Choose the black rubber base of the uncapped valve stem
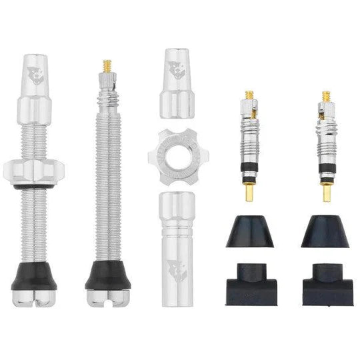[107, 274]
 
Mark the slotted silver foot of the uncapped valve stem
[107, 297]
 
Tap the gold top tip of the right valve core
[327, 96]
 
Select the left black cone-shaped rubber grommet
[250, 233]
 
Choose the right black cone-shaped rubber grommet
[325, 233]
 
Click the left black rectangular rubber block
[250, 291]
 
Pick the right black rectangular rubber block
[327, 291]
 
